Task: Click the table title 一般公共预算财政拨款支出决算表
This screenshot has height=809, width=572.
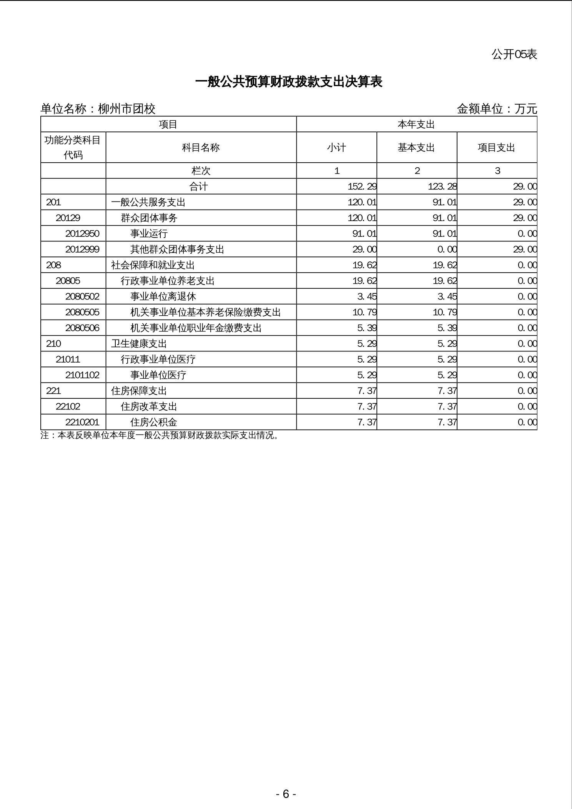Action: tap(289, 82)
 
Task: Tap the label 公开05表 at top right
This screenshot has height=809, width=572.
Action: tap(514, 55)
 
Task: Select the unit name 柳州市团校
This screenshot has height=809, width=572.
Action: tap(126, 109)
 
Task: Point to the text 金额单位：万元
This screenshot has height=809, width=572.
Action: tap(497, 109)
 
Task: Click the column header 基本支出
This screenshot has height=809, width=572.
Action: tap(416, 148)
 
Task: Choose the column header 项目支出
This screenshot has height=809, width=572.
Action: tap(496, 148)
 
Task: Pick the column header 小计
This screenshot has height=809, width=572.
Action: tap(336, 148)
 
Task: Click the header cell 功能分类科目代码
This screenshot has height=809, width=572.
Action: tap(73, 147)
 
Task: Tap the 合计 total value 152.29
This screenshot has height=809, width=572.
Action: tap(362, 187)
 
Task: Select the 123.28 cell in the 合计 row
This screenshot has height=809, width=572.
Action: tap(442, 187)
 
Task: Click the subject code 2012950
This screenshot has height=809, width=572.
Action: tap(82, 234)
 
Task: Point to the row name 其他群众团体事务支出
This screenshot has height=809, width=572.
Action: tap(177, 250)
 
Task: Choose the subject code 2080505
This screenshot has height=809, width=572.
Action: tap(82, 312)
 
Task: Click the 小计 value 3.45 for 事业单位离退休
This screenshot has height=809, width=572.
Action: tap(367, 296)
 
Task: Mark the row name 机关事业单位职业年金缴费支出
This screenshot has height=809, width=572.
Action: tap(196, 328)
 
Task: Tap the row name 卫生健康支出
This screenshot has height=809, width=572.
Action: tap(139, 344)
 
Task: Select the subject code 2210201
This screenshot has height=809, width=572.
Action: tap(82, 422)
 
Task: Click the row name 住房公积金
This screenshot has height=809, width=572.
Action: tap(154, 422)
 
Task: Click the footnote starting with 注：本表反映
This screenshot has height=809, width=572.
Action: tap(160, 435)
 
